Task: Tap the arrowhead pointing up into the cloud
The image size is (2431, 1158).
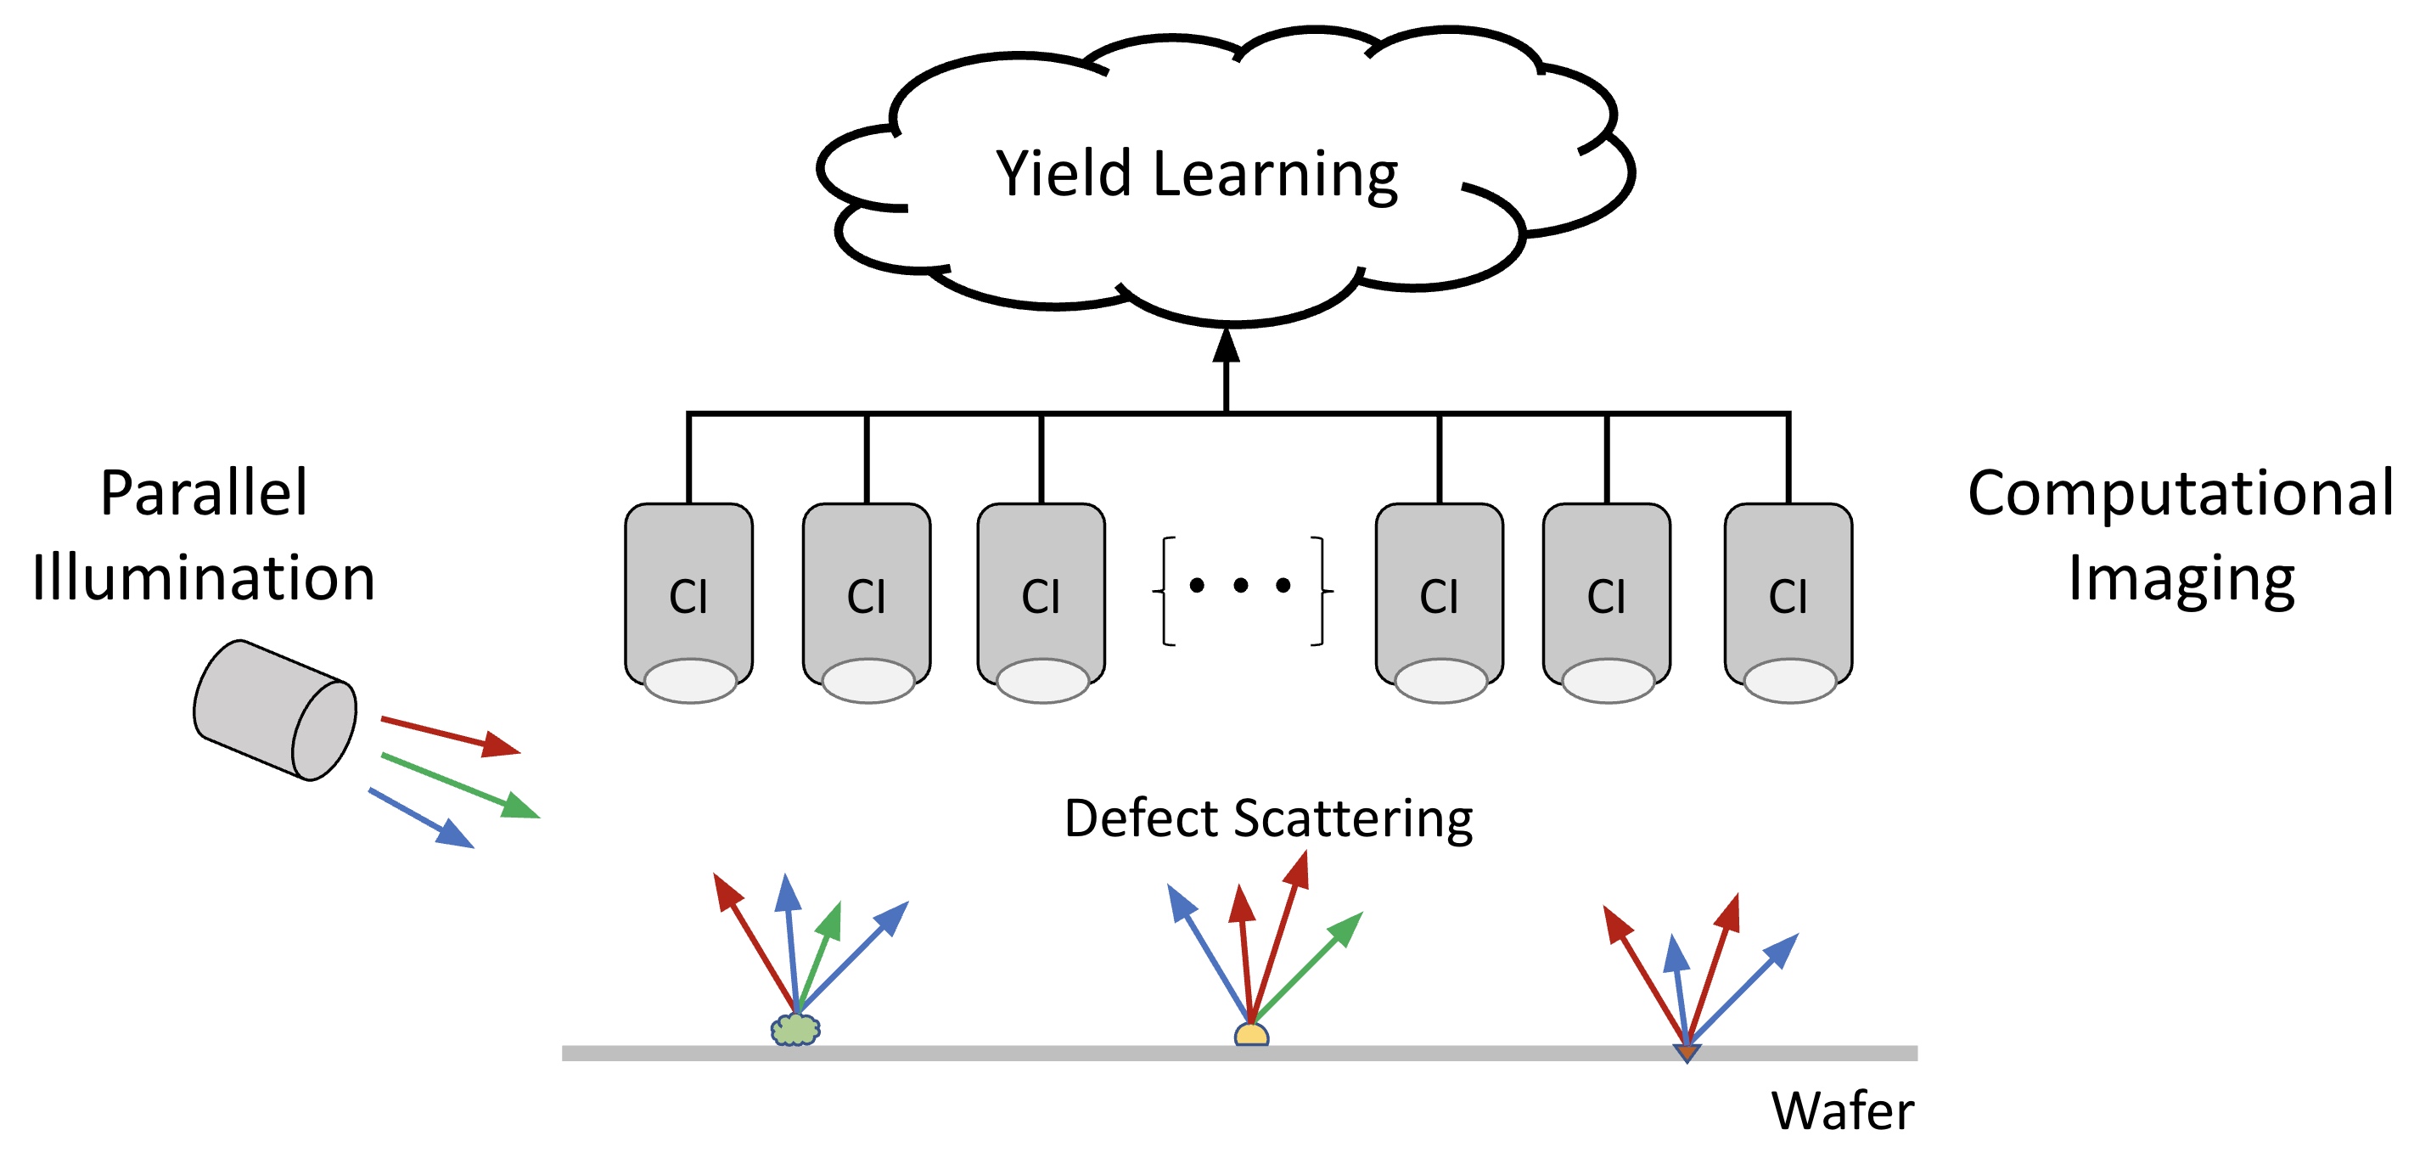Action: (x=1226, y=346)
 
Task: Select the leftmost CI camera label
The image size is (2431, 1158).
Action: (x=688, y=597)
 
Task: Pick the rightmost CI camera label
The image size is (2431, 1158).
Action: (x=1788, y=597)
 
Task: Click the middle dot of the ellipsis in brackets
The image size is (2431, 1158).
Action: (x=1241, y=586)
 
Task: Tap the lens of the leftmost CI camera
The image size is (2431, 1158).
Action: (x=690, y=681)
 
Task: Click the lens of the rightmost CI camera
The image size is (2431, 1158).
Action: (x=1789, y=681)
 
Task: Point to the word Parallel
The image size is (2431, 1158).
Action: (x=204, y=492)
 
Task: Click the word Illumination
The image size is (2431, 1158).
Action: (x=204, y=577)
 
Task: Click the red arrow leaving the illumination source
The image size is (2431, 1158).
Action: (x=451, y=736)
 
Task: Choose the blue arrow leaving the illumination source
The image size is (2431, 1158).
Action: (x=421, y=818)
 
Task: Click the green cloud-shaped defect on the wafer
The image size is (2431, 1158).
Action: (x=795, y=1030)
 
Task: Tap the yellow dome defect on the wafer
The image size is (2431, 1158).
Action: (x=1251, y=1035)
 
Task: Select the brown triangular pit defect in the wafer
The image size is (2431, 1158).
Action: (x=1687, y=1052)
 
